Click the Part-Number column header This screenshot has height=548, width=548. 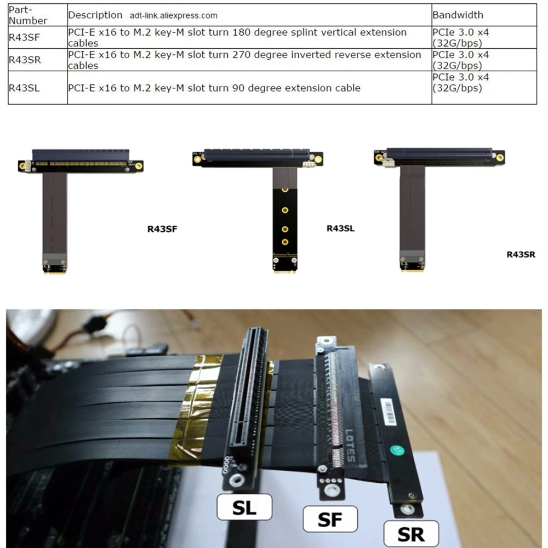coord(27,15)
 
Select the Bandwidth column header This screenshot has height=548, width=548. coord(458,15)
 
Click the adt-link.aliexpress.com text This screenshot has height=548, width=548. coord(173,16)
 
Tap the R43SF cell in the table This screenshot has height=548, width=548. coord(24,37)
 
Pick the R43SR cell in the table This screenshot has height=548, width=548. coord(25,60)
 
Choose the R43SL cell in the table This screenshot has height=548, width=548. coord(24,88)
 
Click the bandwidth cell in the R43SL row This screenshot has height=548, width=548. coord(461,83)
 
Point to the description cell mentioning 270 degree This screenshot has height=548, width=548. coord(244,60)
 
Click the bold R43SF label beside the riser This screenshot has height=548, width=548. coord(162,229)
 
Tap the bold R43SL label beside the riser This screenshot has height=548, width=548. coord(340,229)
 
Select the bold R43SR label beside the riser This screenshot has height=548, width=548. coord(521,254)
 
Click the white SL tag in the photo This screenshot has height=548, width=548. coord(244,507)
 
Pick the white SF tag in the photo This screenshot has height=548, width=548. coord(330,519)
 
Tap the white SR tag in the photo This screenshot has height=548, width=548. coord(411,534)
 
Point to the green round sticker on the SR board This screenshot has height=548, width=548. coord(397,450)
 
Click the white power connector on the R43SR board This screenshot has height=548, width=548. coord(389,162)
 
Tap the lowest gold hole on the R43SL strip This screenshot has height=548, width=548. coord(285,242)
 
